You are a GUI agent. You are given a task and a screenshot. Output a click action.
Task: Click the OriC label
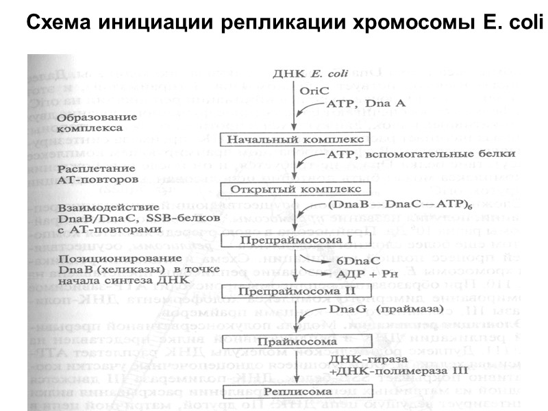click(314, 90)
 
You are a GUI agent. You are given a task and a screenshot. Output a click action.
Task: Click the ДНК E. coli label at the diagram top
click(299, 73)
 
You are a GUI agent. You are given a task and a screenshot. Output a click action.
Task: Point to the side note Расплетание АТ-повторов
click(99, 173)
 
